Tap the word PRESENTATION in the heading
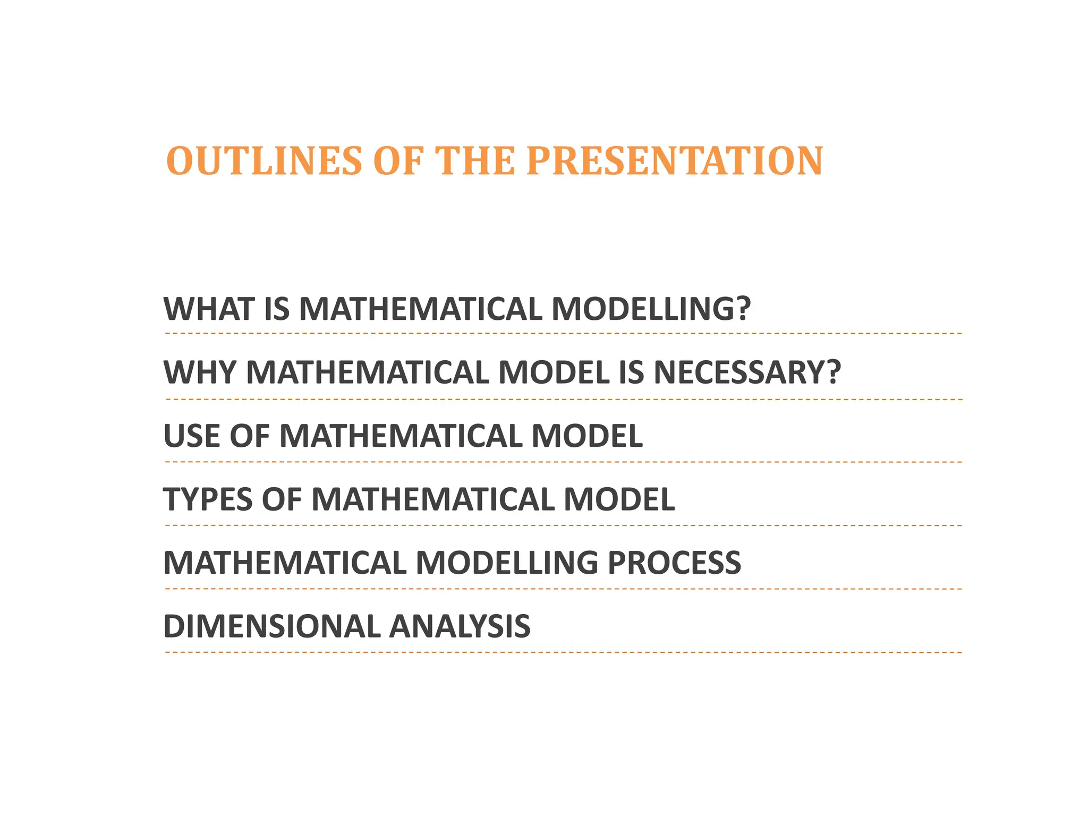[x=675, y=161]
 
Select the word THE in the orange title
[x=475, y=161]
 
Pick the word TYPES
[x=208, y=499]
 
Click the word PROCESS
[x=674, y=563]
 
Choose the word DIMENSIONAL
[x=271, y=626]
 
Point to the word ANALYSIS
[x=460, y=626]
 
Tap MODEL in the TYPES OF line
[x=619, y=499]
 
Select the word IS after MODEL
[x=631, y=372]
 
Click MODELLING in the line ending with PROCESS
[x=507, y=563]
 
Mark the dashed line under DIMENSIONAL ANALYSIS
[x=563, y=652]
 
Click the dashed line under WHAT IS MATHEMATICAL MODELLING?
[x=563, y=334]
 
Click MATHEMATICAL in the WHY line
[x=367, y=372]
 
